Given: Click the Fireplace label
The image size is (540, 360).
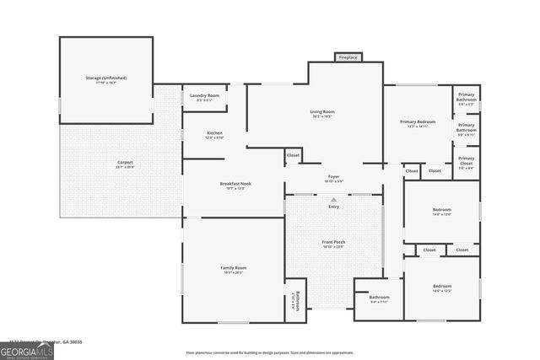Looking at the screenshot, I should [x=348, y=57].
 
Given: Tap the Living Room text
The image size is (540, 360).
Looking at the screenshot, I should [x=322, y=111].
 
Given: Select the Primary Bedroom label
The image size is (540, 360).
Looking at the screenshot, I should [x=418, y=121].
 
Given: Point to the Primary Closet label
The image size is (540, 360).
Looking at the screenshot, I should [x=466, y=159].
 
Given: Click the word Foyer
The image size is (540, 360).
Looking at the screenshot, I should [x=333, y=176].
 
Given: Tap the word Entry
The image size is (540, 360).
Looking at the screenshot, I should [x=333, y=206].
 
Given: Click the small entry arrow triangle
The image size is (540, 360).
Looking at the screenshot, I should [x=333, y=199].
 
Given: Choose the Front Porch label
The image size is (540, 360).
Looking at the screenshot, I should [x=333, y=242].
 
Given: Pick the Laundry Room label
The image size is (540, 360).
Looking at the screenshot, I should [x=204, y=95].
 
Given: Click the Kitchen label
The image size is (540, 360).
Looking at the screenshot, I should [x=214, y=133].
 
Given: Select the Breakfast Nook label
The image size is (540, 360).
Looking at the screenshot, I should [x=235, y=183].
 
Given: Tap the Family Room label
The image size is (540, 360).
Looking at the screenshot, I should [x=233, y=267].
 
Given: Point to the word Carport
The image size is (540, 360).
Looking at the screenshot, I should [x=125, y=162].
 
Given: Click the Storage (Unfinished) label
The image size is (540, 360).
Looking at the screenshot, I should [x=105, y=78].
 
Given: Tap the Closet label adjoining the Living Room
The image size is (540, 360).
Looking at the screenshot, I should [x=293, y=155].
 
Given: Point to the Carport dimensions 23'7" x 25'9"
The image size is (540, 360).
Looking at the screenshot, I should [x=125, y=167].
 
